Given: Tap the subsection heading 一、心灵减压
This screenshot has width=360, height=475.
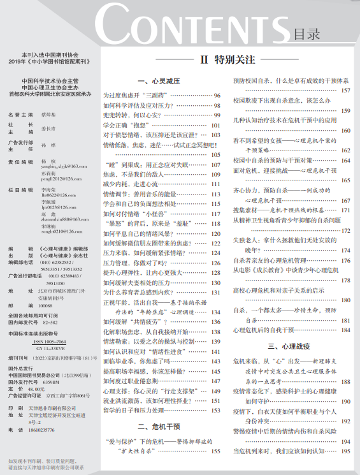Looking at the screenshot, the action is (159, 82).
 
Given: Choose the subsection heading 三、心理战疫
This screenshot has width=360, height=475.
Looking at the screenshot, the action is (289, 346).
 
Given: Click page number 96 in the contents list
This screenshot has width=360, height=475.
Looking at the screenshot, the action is (217, 95).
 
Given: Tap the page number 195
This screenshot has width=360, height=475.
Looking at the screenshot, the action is (345, 451).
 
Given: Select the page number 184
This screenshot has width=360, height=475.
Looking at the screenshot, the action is (345, 330).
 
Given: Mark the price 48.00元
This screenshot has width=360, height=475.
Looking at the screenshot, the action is (37, 388).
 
